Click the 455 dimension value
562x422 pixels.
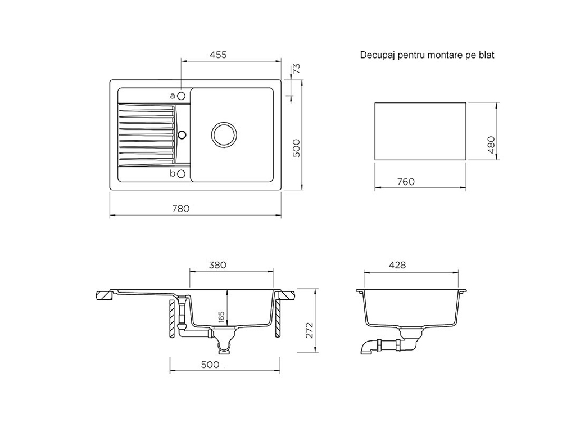218,55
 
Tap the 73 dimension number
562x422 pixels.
296,69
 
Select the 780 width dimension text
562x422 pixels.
180,209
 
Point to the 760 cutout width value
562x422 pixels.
406,182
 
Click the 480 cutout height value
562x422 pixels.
491,145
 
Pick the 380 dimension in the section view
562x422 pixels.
217,265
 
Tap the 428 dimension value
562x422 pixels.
397,265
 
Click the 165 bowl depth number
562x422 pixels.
221,316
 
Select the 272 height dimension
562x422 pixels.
310,330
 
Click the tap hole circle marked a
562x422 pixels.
182,96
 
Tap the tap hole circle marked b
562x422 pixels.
182,174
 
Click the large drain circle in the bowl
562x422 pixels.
224,134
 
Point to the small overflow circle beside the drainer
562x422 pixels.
182,134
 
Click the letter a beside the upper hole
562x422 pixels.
173,96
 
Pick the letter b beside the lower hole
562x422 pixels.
173,173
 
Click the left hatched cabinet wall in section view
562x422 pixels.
171,318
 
